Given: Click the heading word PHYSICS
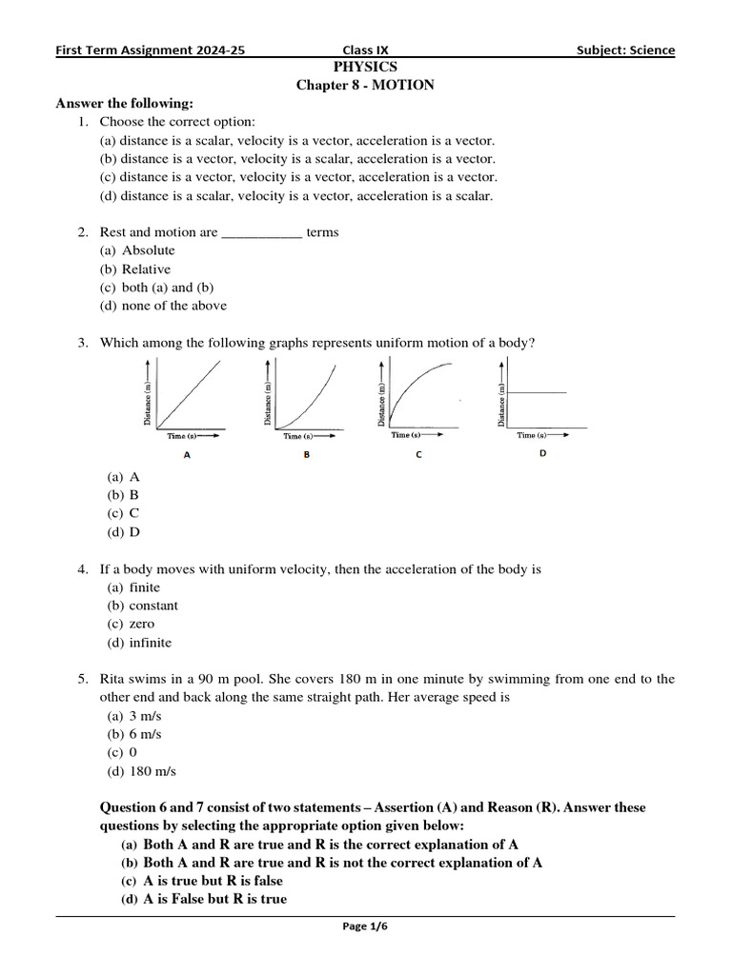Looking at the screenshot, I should pos(365,67).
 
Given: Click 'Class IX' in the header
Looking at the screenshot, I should pos(365,50).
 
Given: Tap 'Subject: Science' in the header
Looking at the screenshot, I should pos(625,50).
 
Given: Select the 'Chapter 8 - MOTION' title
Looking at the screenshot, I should pos(365,85).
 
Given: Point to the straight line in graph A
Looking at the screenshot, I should pos(191,395).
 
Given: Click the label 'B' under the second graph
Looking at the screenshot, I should pos(307,455).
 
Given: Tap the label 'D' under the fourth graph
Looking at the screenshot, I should pos(543,454).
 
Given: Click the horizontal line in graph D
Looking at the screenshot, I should pos(538,392).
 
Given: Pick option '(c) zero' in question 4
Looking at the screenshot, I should pos(130,624).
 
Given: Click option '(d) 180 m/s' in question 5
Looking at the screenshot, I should pos(141,771).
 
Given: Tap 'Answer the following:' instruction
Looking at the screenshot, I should pos(125,103).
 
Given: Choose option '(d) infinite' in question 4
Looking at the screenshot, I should pos(139,643).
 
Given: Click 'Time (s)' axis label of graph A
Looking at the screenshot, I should pos(182,436).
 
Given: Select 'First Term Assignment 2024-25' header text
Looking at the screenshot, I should pos(151,50).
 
